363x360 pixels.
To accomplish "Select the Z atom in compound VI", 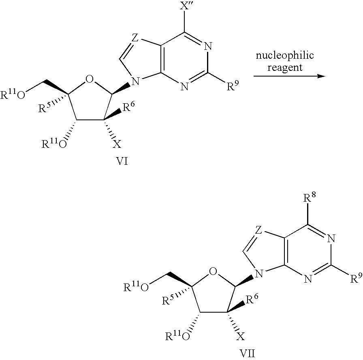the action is pos(135,38).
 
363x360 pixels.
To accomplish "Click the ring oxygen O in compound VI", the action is pos(90,79).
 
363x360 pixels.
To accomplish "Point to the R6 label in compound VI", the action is pos(128,107).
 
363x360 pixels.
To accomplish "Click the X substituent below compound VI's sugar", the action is pos(117,145).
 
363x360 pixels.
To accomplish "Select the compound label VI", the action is pos(122,161).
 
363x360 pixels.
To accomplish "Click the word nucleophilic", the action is pos(285,55).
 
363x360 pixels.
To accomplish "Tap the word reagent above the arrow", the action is pos(285,68).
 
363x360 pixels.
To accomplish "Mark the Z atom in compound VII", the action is pos(258,230).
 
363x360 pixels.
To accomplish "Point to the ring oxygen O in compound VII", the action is pos(213,271).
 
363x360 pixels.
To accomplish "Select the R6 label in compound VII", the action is pos(252,299).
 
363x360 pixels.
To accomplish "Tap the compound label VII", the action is pos(247,354).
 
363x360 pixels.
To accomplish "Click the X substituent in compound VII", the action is pos(241,337).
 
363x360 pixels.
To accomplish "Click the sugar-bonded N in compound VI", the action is pos(136,81).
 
